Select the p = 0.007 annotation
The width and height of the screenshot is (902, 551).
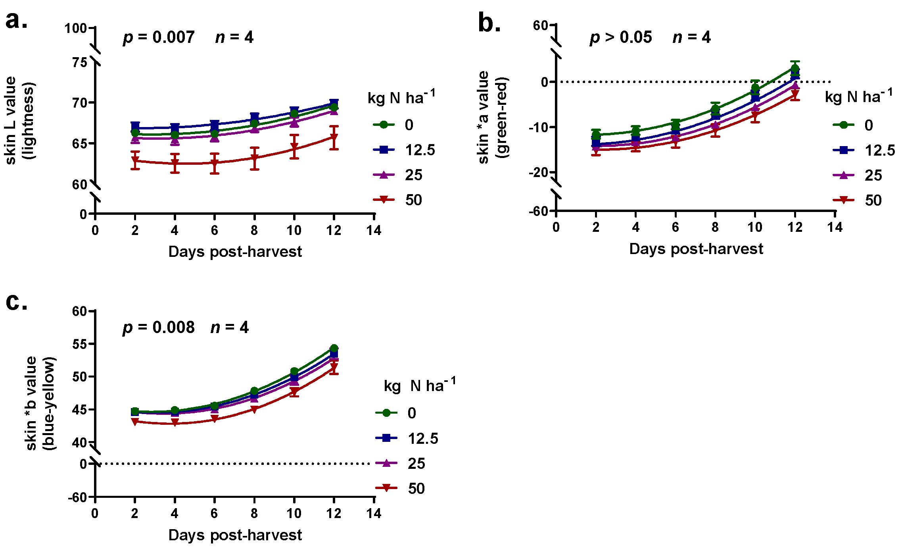[159, 38]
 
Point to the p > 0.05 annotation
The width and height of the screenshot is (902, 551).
[621, 38]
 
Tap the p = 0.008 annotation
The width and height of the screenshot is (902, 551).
[159, 328]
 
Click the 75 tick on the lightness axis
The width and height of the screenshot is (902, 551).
[80, 62]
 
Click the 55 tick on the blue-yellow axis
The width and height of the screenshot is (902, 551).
[80, 344]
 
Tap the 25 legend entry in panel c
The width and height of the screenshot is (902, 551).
[401, 463]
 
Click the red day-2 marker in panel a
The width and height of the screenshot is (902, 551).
[135, 161]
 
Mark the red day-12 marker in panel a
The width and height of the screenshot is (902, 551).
[334, 137]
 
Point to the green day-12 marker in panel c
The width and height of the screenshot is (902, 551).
[334, 348]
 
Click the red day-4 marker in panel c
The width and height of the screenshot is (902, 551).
[175, 424]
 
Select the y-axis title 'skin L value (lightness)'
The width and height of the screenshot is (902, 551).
[20, 120]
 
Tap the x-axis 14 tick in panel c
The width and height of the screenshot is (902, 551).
[374, 513]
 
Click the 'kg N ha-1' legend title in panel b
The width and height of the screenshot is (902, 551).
[859, 96]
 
